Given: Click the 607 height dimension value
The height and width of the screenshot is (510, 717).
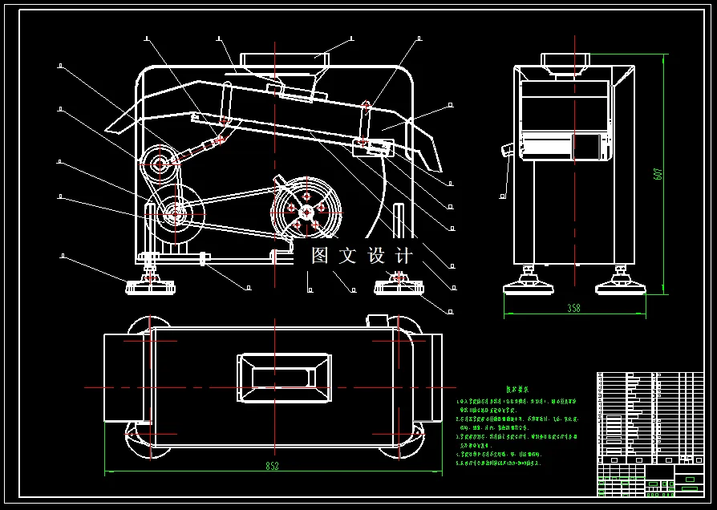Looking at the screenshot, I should pyautogui.click(x=656, y=172).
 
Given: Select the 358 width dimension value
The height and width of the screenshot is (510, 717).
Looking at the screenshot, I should pyautogui.click(x=573, y=308).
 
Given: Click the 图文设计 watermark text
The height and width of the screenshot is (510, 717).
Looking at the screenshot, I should pyautogui.click(x=363, y=257).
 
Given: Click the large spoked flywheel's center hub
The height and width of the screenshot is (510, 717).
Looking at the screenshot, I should pyautogui.click(x=307, y=210).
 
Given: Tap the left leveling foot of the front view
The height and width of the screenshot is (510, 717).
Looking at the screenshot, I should pyautogui.click(x=149, y=282).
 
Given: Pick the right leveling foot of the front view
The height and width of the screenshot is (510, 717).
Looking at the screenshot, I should pyautogui.click(x=399, y=282).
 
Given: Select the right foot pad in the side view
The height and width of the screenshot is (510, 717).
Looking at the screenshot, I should pyautogui.click(x=620, y=281).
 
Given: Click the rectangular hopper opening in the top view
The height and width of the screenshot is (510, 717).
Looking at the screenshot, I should pyautogui.click(x=284, y=378).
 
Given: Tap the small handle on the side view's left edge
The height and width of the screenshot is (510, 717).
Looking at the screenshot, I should pyautogui.click(x=506, y=150).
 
